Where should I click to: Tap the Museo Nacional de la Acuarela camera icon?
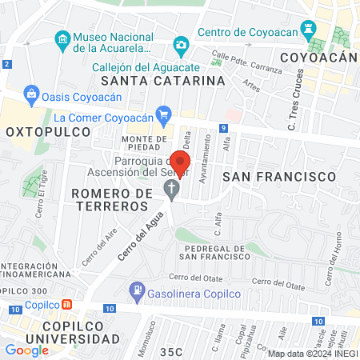(x=62, y=38)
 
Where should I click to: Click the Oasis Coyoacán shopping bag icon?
(x=32, y=93)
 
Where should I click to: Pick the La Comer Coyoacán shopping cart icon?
(x=164, y=113)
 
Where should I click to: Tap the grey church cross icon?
(x=170, y=189)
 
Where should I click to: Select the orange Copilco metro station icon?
(x=67, y=304)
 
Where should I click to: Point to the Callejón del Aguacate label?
(x=145, y=67)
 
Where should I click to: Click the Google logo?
(x=26, y=350)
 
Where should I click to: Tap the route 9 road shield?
(x=225, y=128)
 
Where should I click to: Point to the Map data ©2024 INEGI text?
(x=312, y=354)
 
